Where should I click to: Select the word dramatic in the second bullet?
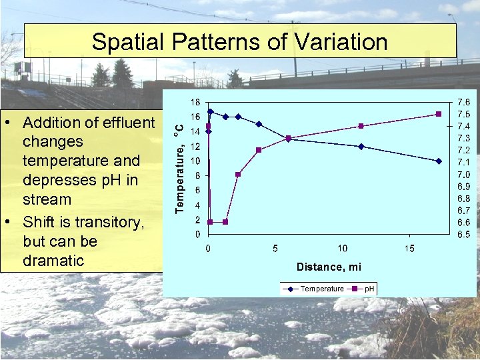[x=53, y=261]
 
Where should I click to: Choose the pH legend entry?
[x=369, y=289]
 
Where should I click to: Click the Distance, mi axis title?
[x=329, y=267]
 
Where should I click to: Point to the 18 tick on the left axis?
[x=195, y=103]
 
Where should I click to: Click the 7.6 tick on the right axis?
[x=463, y=103]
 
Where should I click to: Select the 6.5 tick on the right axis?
[x=463, y=235]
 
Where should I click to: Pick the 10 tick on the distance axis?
[x=342, y=249]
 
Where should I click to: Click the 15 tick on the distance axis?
[x=409, y=249]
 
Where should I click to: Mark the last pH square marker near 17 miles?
[x=439, y=114]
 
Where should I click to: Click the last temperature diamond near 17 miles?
[x=439, y=161]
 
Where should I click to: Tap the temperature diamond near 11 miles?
[x=361, y=147]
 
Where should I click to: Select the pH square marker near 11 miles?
[x=361, y=126]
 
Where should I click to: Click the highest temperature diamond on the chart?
[x=211, y=111]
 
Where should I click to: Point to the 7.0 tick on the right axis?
[x=463, y=175]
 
